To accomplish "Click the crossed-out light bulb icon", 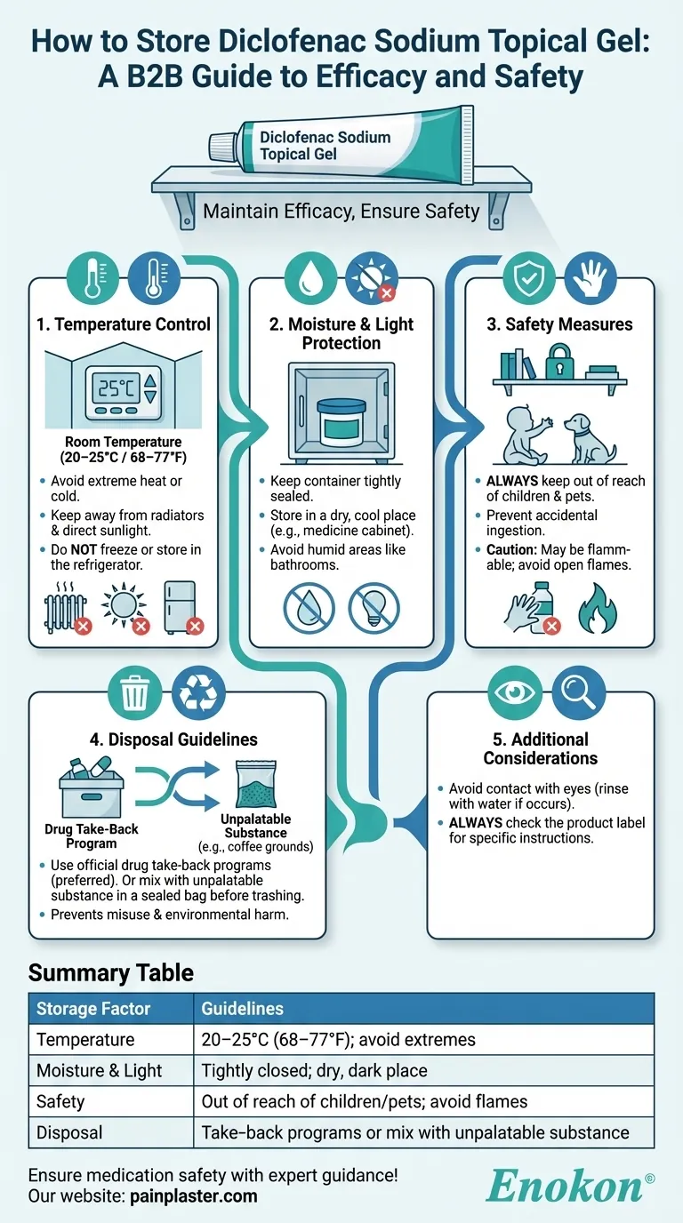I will [x=374, y=607].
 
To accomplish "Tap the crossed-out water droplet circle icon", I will [x=309, y=607].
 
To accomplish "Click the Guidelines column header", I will [x=242, y=1009].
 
